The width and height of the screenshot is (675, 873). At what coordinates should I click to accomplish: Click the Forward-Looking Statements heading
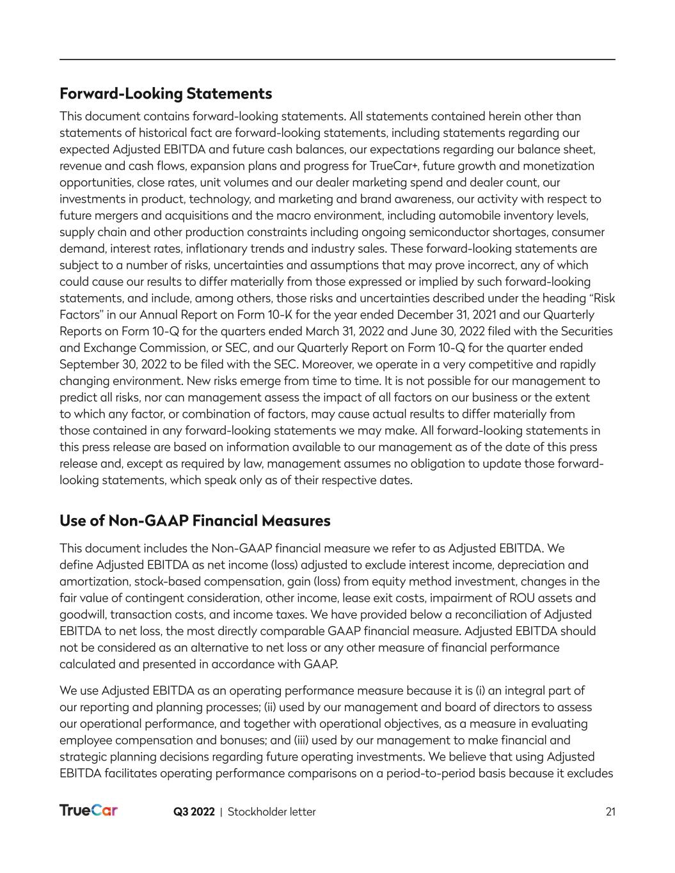coord(166,94)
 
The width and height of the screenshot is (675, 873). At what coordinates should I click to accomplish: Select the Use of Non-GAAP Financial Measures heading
coord(195,521)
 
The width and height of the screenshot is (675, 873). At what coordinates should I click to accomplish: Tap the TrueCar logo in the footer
coord(88,811)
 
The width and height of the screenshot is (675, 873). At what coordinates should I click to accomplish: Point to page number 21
coord(610,812)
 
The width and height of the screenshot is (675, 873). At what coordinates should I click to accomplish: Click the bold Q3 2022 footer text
coord(194,812)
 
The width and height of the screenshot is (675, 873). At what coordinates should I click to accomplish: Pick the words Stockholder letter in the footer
coord(272,812)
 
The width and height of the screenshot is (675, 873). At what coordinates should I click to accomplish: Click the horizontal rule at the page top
coord(337,59)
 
